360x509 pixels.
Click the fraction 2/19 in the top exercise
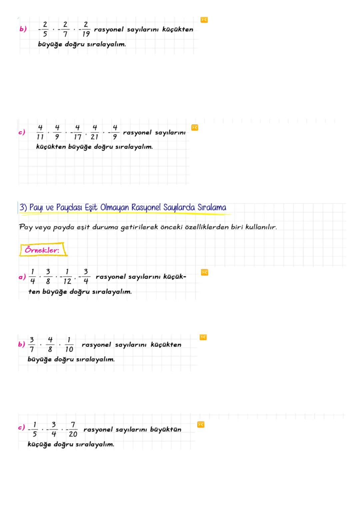pos(86,29)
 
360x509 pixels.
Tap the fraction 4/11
pos(40,132)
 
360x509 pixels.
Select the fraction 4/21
pos(94,132)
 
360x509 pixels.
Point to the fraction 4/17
pos(77,132)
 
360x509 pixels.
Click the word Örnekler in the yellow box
pos(42,250)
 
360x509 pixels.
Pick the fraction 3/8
pos(48,277)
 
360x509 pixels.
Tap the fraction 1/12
pos(67,277)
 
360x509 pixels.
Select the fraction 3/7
pos(32,345)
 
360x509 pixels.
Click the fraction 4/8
pos(50,345)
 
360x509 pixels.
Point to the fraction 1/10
pos(69,345)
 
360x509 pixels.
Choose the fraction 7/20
pos(73,429)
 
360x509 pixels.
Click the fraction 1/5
pos(35,429)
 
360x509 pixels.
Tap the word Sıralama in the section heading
pos(212,207)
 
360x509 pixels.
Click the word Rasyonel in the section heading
pos(146,207)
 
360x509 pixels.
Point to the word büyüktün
pos(166,429)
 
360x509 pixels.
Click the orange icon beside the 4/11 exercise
pos(195,128)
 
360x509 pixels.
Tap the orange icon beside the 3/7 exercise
pos(203,338)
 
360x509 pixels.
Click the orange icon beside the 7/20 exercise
pos(201,425)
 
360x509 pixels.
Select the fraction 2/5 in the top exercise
pos(45,29)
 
